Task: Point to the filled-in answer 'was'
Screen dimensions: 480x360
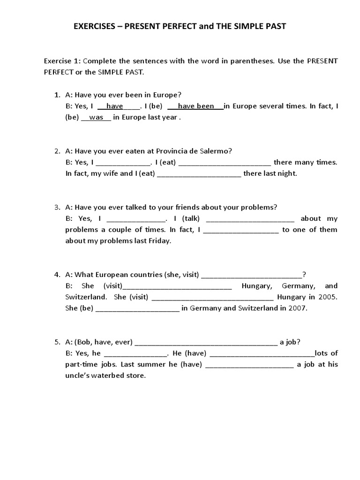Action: [96, 118]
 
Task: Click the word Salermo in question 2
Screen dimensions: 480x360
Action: [215, 151]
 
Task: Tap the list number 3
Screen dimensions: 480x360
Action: [57, 207]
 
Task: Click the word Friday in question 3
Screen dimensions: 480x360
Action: [159, 241]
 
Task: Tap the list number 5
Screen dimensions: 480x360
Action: [57, 342]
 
